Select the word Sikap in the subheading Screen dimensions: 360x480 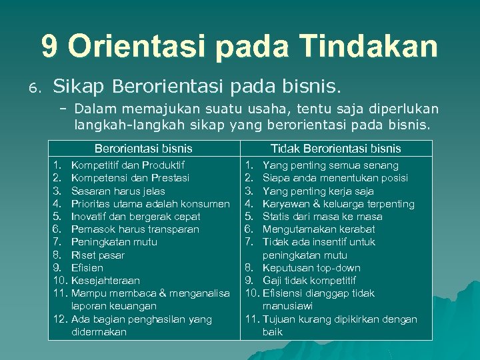point(79,86)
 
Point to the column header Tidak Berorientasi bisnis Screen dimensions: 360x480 point(336,148)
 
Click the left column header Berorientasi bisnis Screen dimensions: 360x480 point(143,148)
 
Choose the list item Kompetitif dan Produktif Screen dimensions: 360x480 point(128,165)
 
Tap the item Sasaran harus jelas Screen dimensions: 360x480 point(118,191)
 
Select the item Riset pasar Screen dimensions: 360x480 point(98,255)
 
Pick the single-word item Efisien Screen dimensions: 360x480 point(87,267)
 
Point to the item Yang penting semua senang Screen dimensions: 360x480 point(331,165)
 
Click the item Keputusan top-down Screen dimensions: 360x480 point(311,267)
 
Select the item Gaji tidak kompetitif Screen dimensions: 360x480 point(309,280)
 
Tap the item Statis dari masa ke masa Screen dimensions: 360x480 point(323,216)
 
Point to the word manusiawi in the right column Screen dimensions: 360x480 point(288,306)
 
